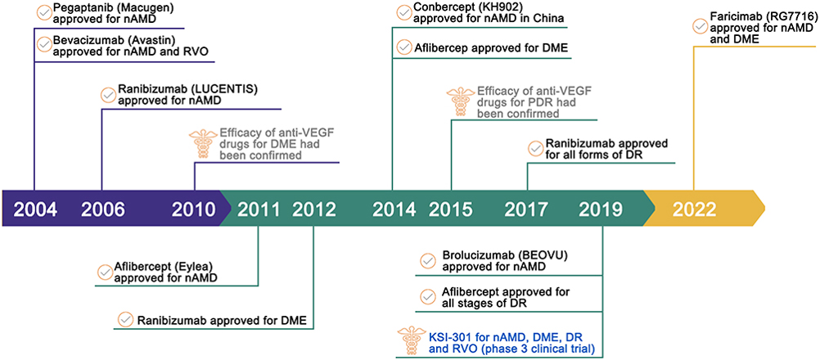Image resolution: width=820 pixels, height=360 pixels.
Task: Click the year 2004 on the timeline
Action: (35, 209)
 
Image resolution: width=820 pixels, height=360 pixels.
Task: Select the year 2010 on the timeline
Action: (194, 209)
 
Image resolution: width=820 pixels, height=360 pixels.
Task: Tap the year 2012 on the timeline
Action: (314, 209)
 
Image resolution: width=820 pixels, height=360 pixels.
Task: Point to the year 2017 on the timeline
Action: (527, 209)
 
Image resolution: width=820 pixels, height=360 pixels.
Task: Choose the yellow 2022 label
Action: (694, 209)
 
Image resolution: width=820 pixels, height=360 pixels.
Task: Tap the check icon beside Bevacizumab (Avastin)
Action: (44, 45)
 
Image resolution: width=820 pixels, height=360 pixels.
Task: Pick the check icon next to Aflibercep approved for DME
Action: (404, 47)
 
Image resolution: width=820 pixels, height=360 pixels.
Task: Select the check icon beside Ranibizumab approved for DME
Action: (125, 319)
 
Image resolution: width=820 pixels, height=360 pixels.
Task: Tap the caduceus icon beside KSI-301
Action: (408, 340)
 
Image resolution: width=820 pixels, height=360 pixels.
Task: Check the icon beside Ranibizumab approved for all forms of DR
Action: (535, 149)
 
